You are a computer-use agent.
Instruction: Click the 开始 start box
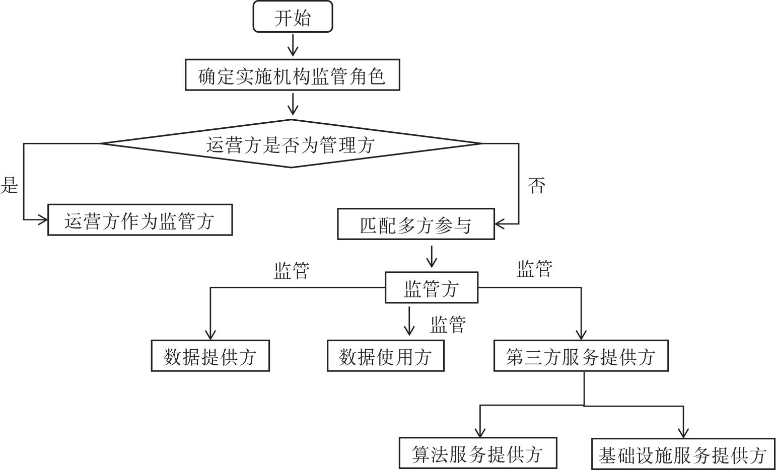[293, 17]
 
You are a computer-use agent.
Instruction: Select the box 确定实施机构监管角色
[292, 75]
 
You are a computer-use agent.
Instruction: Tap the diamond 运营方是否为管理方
[291, 144]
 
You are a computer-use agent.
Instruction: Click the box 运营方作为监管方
[140, 220]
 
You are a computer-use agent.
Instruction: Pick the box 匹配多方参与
[415, 224]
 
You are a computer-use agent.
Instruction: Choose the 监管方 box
[431, 288]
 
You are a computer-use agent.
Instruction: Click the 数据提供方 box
[210, 356]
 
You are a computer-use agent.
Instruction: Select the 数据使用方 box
[386, 356]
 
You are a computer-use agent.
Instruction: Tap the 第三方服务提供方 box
[581, 356]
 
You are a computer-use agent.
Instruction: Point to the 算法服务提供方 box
[478, 453]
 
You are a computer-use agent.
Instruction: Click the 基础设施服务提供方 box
[683, 454]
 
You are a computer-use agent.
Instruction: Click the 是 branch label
[10, 185]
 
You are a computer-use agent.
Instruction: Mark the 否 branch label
[537, 186]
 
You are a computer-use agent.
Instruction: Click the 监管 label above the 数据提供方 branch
[292, 271]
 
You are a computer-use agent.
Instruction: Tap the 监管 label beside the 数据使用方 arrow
[448, 325]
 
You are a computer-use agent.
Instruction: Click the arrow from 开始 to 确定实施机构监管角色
[293, 45]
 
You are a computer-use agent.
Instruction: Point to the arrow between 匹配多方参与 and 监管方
[431, 256]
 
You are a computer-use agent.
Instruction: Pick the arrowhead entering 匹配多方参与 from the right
[500, 224]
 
